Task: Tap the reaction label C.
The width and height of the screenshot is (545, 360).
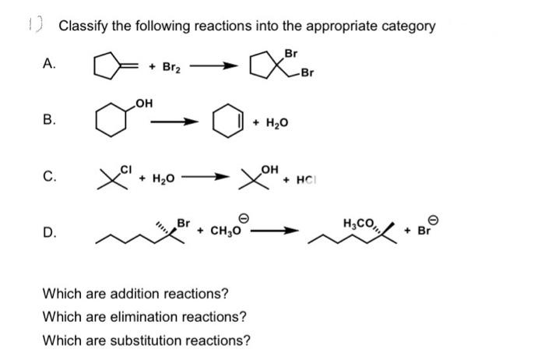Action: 48,178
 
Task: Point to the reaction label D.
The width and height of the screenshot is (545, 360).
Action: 48,231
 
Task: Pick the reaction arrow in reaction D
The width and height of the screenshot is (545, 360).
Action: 282,230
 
